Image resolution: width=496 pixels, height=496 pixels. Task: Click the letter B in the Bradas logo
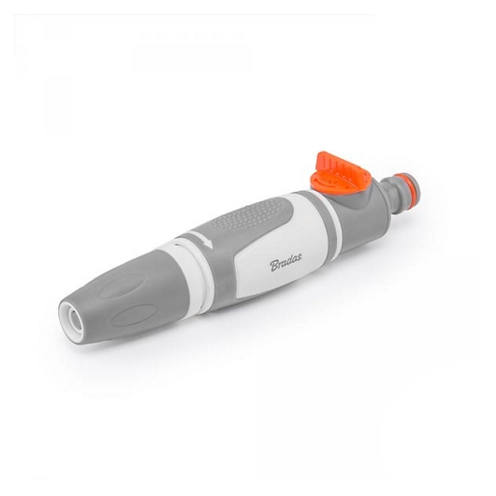(x=274, y=266)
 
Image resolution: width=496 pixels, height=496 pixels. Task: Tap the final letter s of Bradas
(x=299, y=258)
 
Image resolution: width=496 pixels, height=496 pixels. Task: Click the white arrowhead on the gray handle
(x=207, y=244)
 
